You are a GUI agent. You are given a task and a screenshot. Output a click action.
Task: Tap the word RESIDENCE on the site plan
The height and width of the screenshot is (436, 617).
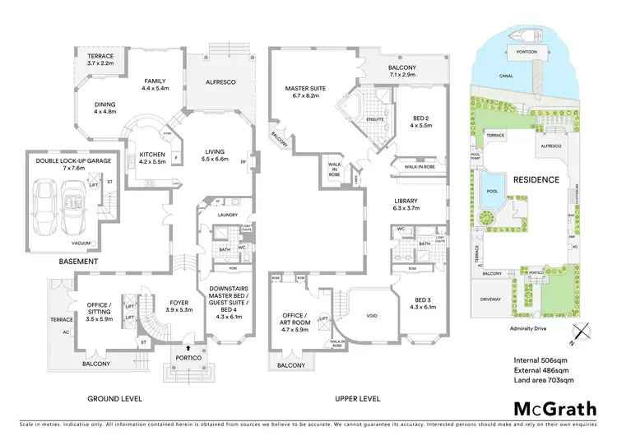click(x=537, y=179)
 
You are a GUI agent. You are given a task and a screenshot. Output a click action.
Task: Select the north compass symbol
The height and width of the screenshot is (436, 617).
click(x=582, y=333)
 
